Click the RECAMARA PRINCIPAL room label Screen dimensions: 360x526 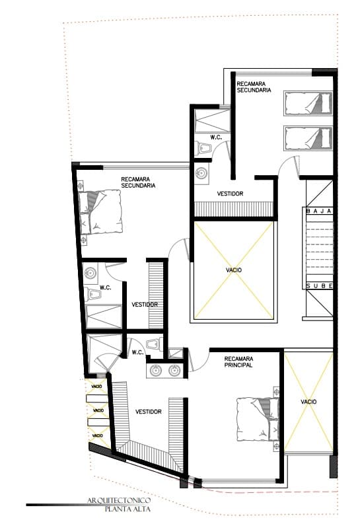tap(238, 362)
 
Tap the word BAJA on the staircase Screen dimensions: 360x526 tap(319, 211)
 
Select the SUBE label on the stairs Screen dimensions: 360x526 tap(320, 286)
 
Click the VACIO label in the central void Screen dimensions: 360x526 tap(234, 270)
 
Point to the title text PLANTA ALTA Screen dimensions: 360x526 tap(128, 509)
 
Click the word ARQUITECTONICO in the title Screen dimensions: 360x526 tap(119, 500)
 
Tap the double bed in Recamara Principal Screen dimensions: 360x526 tap(258, 420)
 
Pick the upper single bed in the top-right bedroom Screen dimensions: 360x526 tap(308, 103)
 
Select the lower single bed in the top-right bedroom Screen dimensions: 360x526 tap(308, 139)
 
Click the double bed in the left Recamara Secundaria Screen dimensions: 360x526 tap(100, 212)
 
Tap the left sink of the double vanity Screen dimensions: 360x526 tap(156, 370)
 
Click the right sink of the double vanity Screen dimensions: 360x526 tap(174, 370)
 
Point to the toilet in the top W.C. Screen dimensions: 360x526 tap(203, 148)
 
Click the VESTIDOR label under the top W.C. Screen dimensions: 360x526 tap(230, 194)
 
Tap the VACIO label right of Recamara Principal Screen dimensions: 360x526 tap(308, 402)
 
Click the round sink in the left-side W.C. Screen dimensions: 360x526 tap(90, 273)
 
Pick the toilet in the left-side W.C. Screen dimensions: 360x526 tap(93, 295)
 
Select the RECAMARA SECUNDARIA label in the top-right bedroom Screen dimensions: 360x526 tap(254, 87)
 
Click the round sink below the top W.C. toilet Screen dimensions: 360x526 tap(201, 174)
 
